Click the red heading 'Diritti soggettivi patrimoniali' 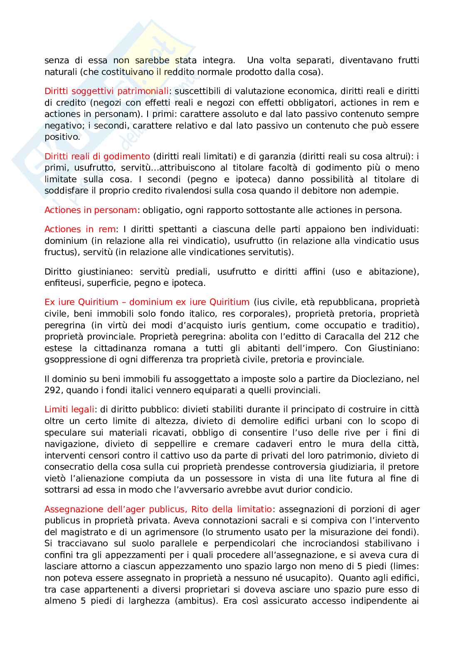coord(106,91)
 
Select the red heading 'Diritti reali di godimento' coord(97,156)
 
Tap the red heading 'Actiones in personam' coord(90,210)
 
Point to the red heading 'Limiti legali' coord(69,409)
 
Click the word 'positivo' coord(62,137)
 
